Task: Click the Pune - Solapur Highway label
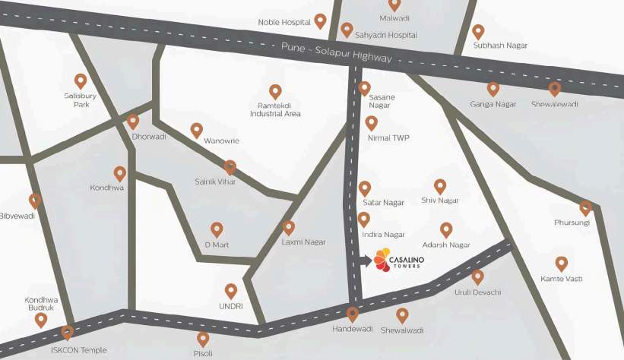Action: click(x=336, y=52)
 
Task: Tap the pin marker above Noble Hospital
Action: click(x=321, y=21)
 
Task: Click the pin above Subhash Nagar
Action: click(x=478, y=32)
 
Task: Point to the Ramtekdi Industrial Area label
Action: click(x=275, y=109)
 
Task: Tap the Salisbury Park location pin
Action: click(x=81, y=81)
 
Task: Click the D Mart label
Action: click(x=217, y=245)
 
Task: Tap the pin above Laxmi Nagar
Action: click(x=288, y=227)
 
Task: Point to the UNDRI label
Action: click(x=232, y=306)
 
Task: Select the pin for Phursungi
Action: click(x=585, y=207)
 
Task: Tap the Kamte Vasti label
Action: click(x=562, y=279)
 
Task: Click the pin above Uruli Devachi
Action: click(x=477, y=277)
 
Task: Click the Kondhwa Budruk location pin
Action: click(x=41, y=320)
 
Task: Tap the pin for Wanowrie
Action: click(x=197, y=130)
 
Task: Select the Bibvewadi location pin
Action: click(x=34, y=201)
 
